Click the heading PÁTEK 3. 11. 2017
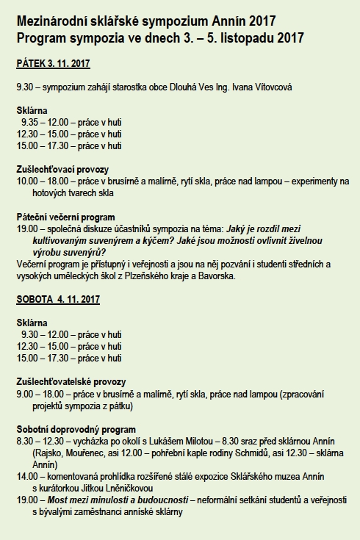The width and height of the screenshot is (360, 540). pos(53,64)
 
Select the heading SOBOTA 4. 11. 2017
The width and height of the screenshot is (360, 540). pos(58,299)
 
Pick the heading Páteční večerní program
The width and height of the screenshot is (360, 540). pos(65,217)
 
